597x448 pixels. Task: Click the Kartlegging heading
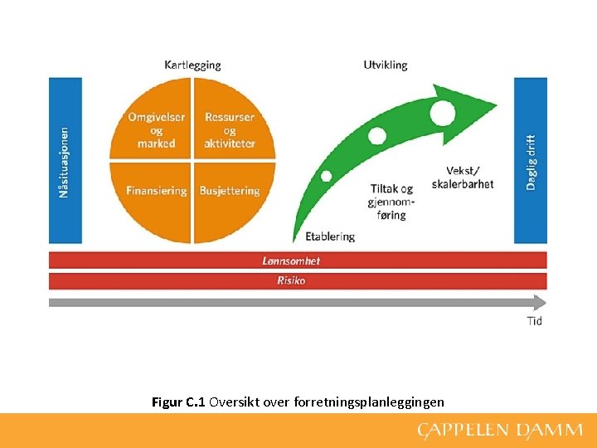[192, 65]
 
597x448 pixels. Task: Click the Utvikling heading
[386, 65]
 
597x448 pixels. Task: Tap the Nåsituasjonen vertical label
[65, 161]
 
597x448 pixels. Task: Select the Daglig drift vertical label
[531, 163]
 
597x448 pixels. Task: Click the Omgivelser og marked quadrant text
[156, 130]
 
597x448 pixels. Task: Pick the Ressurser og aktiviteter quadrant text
[230, 130]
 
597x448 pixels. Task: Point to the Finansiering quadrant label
[156, 191]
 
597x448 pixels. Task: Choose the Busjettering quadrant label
[230, 191]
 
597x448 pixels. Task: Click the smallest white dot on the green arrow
[327, 176]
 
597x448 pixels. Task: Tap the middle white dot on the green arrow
[377, 136]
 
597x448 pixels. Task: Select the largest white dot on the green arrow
[443, 110]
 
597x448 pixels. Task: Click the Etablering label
[330, 236]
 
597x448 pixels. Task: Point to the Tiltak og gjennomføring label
[392, 202]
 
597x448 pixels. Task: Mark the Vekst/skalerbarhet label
[463, 178]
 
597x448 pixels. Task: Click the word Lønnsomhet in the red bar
[291, 261]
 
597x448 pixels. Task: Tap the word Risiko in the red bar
[291, 280]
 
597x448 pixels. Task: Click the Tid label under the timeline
[534, 321]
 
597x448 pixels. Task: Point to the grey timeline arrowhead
[541, 302]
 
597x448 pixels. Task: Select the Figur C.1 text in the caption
[179, 402]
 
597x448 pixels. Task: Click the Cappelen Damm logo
[499, 431]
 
